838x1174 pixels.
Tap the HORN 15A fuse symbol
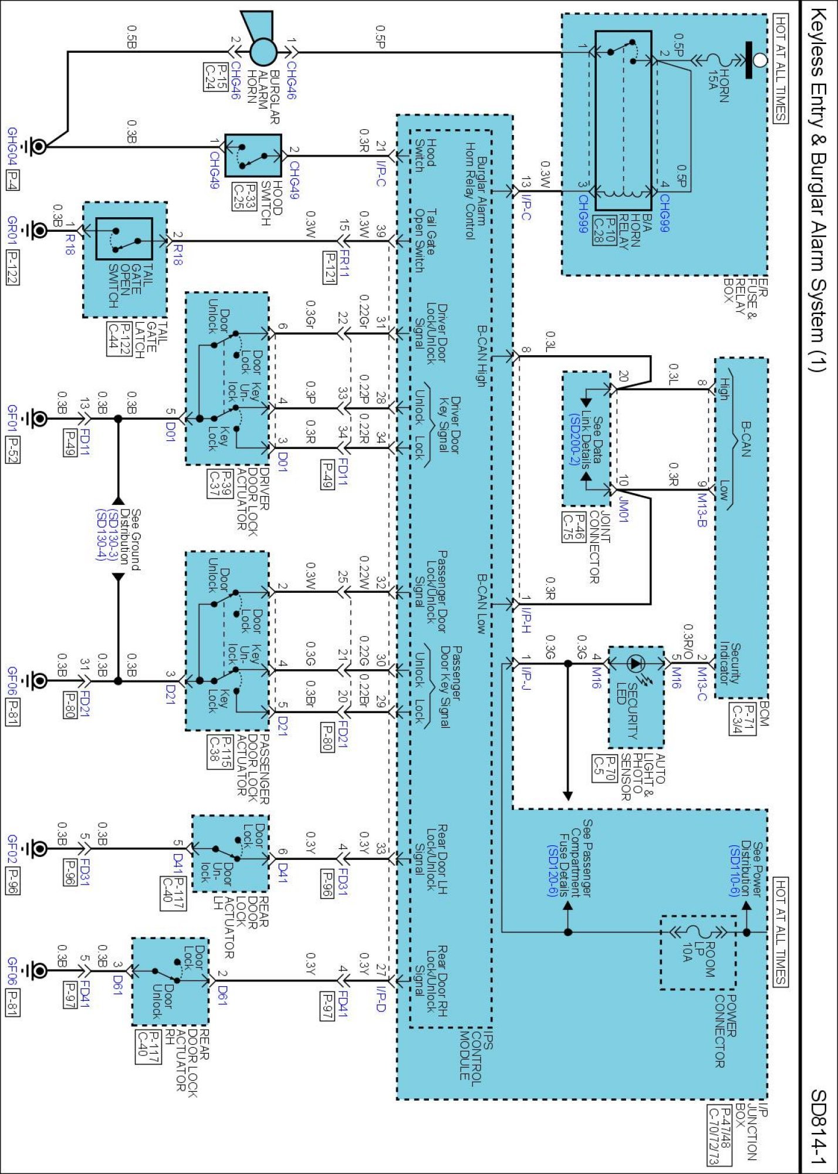click(x=717, y=60)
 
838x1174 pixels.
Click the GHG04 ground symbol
click(x=38, y=146)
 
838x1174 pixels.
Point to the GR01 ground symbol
click(x=38, y=230)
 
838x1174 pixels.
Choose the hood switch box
click(x=254, y=156)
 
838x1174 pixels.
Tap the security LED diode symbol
click(x=636, y=664)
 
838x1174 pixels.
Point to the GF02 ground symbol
click(x=38, y=848)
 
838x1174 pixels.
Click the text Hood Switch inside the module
click(x=423, y=156)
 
